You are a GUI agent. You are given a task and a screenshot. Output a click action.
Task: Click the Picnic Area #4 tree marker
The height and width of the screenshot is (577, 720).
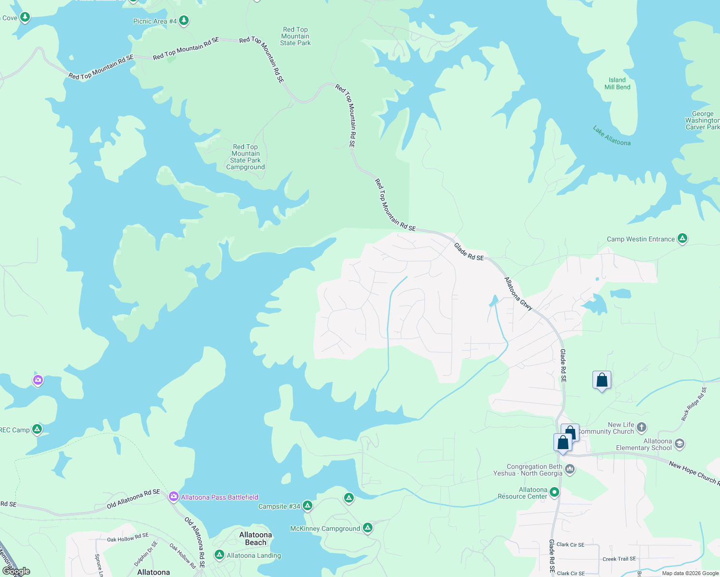click(183, 21)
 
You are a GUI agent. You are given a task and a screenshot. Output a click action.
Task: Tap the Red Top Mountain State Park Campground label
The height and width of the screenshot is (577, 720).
click(245, 157)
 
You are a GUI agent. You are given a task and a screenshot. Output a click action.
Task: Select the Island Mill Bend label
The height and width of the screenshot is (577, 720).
click(617, 84)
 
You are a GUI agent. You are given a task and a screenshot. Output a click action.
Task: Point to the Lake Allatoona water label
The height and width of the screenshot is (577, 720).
click(611, 136)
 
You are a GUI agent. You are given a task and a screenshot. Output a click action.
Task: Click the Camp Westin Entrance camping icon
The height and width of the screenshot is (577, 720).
click(682, 238)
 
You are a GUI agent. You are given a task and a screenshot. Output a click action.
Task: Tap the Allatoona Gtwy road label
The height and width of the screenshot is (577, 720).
click(518, 293)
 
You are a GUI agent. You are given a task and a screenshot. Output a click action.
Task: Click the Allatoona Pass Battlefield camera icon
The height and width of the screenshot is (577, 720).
click(174, 497)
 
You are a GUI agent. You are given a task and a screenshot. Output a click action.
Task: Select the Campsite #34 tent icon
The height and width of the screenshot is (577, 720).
click(307, 506)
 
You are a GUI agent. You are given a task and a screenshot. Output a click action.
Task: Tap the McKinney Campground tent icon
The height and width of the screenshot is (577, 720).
click(368, 528)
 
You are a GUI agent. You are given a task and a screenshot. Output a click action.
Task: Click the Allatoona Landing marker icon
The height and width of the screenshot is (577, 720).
click(219, 555)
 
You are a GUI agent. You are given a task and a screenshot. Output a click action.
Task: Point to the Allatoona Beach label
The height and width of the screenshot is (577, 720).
click(256, 539)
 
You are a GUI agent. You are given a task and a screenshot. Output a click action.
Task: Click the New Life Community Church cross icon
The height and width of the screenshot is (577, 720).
click(641, 427)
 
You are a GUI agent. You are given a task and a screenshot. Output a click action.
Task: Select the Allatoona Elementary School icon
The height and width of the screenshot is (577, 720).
click(679, 443)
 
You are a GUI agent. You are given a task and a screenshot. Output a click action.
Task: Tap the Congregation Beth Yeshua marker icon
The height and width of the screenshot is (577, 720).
click(570, 469)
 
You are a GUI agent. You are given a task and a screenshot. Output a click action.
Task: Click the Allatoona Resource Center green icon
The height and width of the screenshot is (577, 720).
click(554, 492)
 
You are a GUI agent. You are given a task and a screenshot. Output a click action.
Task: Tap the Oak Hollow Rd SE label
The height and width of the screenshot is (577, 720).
click(128, 538)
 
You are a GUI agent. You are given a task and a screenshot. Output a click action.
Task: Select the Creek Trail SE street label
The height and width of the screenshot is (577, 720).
click(619, 559)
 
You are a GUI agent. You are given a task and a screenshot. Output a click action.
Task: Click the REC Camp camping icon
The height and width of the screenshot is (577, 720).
click(37, 429)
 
